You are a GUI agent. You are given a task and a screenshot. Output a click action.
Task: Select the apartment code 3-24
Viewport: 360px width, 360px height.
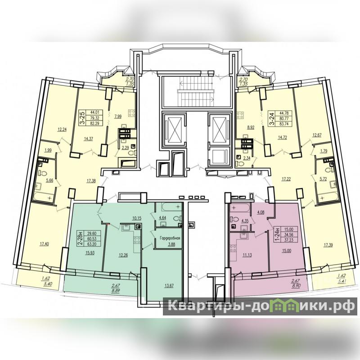click(272, 118)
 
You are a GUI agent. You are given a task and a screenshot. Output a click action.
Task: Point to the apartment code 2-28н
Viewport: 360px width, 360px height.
click(81, 238)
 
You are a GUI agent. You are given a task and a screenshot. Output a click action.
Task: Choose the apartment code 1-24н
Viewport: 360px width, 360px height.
click(277, 234)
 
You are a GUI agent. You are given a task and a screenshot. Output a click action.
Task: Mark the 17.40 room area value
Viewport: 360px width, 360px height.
click(44, 244)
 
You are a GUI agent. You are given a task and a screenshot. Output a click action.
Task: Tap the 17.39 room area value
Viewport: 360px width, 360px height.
click(328, 245)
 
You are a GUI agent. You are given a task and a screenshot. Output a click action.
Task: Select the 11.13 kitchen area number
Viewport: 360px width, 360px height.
click(247, 255)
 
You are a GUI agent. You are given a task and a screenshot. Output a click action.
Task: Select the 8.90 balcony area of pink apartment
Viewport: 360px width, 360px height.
click(296, 286)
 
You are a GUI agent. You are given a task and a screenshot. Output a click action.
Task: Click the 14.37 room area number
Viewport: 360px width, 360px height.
click(88, 139)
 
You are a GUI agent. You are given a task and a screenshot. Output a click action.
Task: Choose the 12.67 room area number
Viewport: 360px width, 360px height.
click(317, 135)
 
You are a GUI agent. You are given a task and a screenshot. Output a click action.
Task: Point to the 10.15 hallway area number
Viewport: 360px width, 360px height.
click(137, 218)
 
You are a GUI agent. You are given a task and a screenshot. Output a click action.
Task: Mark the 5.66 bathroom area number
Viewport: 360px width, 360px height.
click(49, 180)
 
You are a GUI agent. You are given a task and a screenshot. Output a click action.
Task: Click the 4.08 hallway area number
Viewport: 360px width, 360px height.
click(261, 212)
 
